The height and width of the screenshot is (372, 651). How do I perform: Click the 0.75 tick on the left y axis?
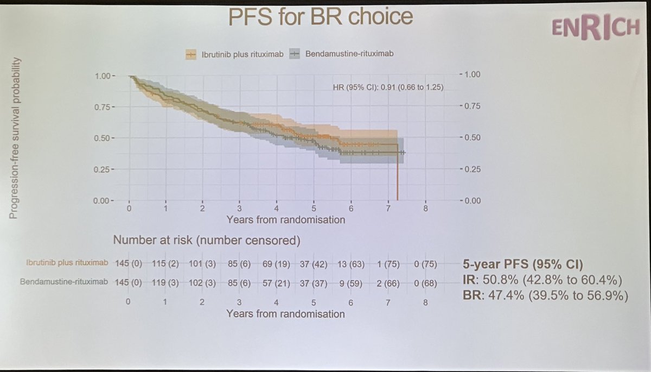point(105,107)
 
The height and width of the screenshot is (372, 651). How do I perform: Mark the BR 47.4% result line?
point(543,297)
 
